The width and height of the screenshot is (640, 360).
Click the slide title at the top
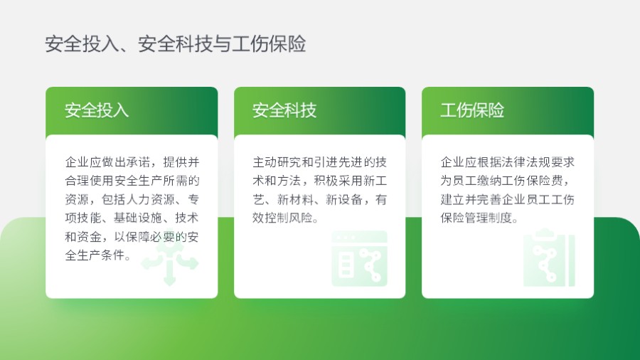(175, 44)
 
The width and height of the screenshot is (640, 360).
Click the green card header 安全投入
(97, 110)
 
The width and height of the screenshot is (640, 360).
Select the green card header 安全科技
(284, 110)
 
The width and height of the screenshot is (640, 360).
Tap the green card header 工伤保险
(472, 110)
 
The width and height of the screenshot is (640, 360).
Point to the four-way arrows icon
(169, 264)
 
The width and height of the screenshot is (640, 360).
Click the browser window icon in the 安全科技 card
(359, 258)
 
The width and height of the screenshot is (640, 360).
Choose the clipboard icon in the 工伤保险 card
(548, 257)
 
